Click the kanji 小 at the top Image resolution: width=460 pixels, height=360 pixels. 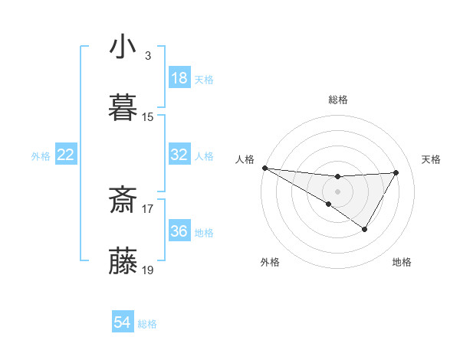click(123, 47)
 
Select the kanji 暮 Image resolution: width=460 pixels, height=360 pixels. click(123, 107)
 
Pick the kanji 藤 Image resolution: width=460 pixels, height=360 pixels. click(123, 261)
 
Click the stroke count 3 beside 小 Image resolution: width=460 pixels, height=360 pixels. click(148, 55)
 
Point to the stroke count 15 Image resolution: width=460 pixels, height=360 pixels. click(148, 116)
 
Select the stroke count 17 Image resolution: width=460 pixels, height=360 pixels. click(148, 208)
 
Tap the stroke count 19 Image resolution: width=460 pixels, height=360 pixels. click(148, 270)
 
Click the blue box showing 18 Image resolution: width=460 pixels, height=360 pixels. click(179, 78)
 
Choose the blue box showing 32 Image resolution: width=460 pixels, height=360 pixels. click(179, 155)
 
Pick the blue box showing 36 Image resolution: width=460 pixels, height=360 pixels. click(179, 231)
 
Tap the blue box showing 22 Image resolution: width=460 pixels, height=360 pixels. click(65, 155)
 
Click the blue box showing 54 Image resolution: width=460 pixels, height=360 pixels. click(123, 322)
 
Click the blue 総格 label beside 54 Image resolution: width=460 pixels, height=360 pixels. click(147, 324)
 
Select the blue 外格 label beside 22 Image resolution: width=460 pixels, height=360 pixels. click(41, 156)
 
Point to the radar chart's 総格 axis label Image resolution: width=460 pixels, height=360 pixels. click(337, 100)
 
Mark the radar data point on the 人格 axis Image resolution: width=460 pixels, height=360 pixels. click(264, 168)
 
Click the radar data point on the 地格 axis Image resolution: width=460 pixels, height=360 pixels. click(365, 229)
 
